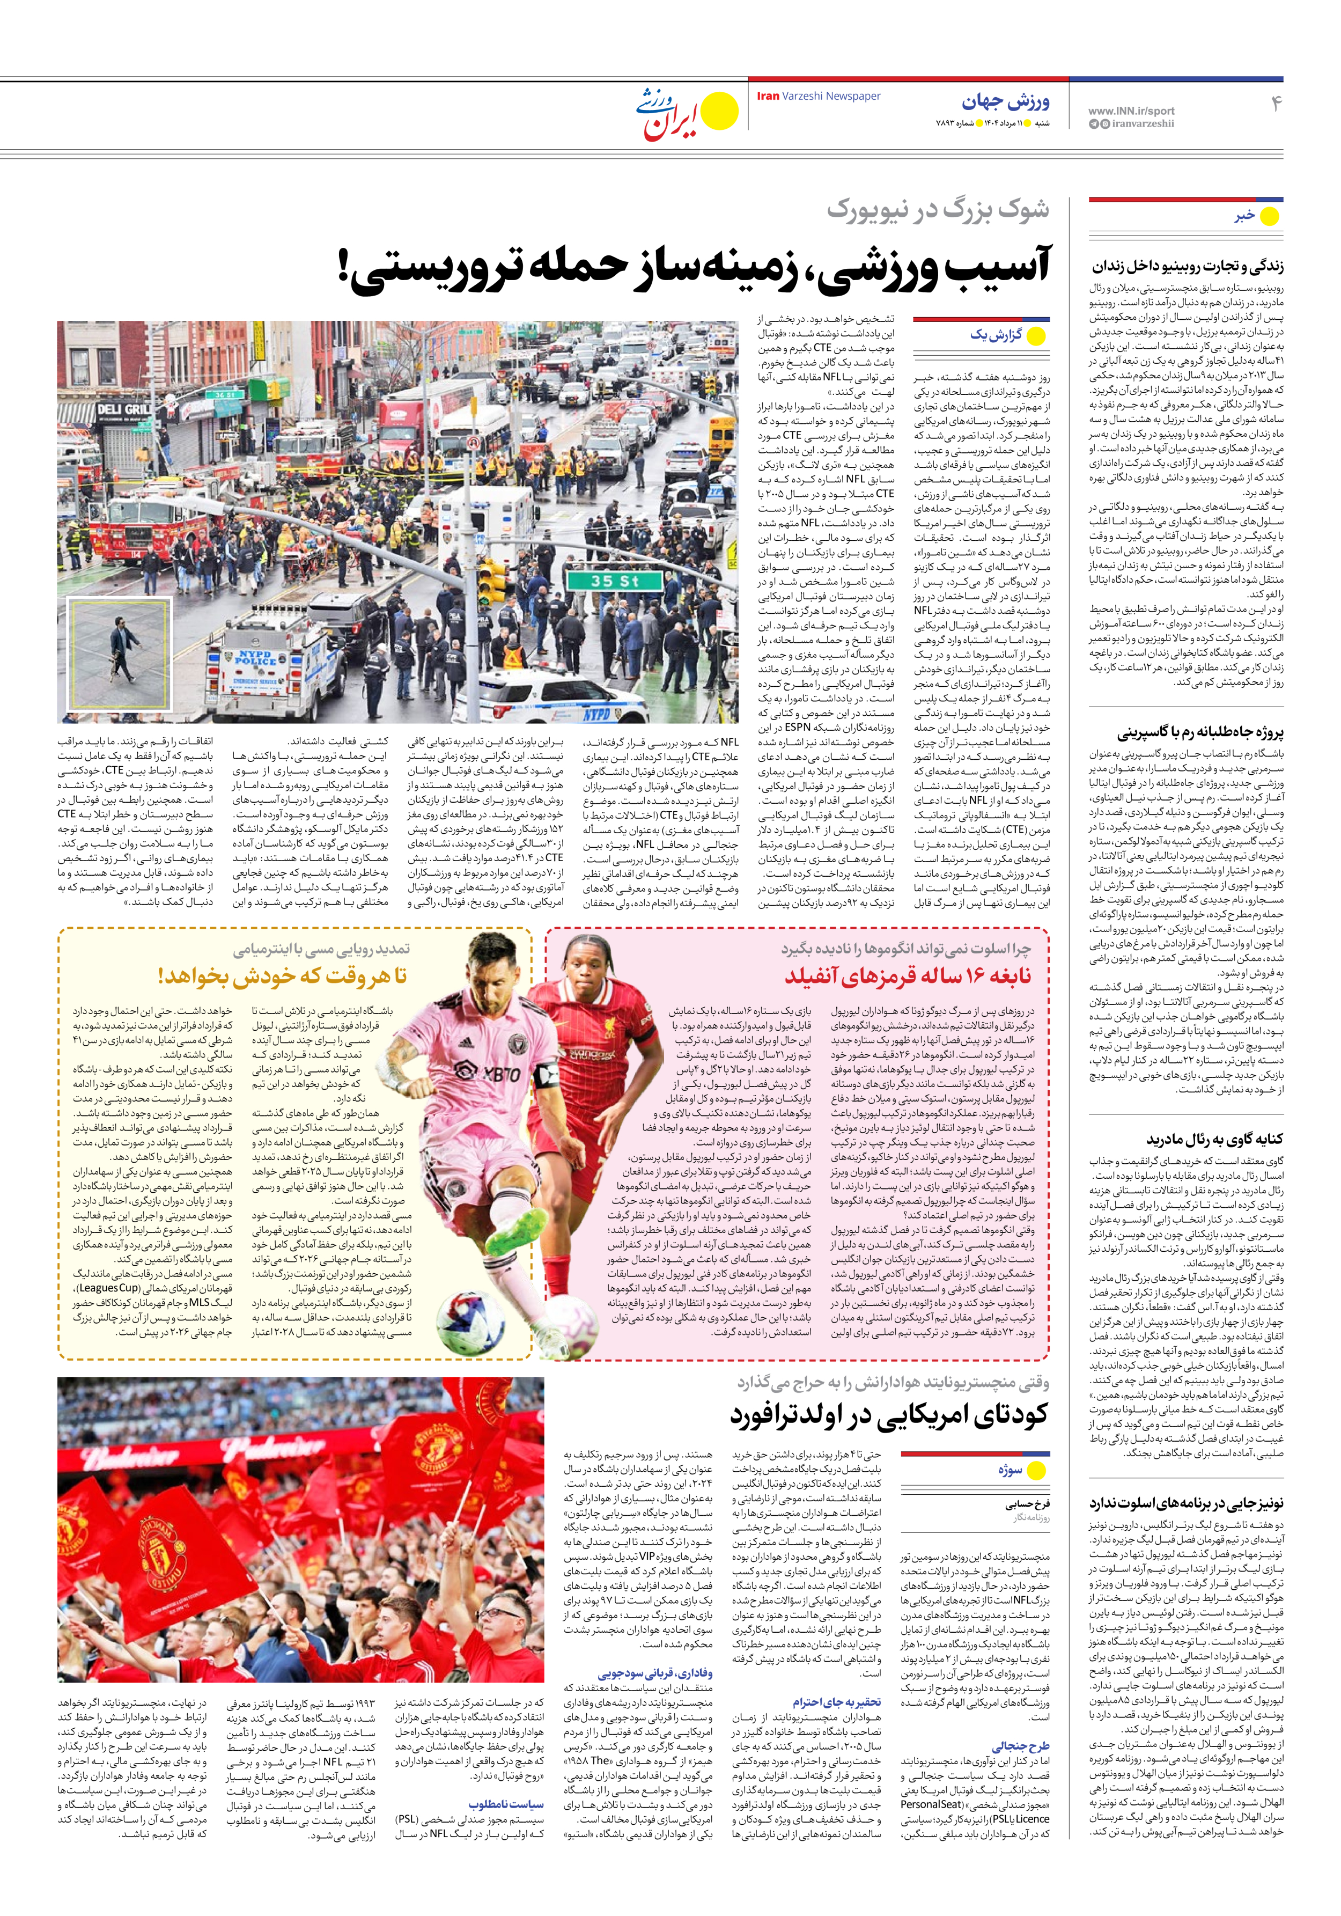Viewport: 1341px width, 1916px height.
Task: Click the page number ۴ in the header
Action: coord(1275,102)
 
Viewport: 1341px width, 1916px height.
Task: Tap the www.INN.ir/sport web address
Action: coord(1131,110)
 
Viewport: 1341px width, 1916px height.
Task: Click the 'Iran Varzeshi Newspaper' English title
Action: coord(818,96)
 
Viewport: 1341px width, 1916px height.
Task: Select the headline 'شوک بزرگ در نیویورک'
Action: coord(938,209)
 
